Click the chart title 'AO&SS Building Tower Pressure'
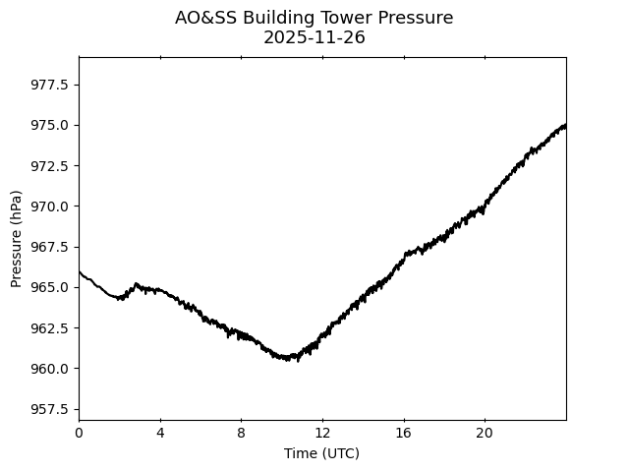[x=314, y=18]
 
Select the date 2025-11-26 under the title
[x=314, y=37]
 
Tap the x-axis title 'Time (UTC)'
[x=321, y=453]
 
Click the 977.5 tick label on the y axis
[x=50, y=85]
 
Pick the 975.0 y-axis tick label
[x=50, y=125]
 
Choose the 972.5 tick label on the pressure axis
[x=50, y=165]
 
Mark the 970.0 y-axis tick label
[x=50, y=206]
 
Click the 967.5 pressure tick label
[x=50, y=247]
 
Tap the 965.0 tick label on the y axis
[x=50, y=287]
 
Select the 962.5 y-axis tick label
[x=50, y=327]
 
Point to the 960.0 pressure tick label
[x=50, y=369]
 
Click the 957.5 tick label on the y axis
[x=50, y=409]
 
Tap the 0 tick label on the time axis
[x=79, y=434]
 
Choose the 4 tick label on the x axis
[x=160, y=434]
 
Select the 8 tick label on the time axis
[x=241, y=434]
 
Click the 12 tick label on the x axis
[x=322, y=434]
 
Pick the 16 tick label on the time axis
[x=403, y=434]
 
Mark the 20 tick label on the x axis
[x=485, y=434]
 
